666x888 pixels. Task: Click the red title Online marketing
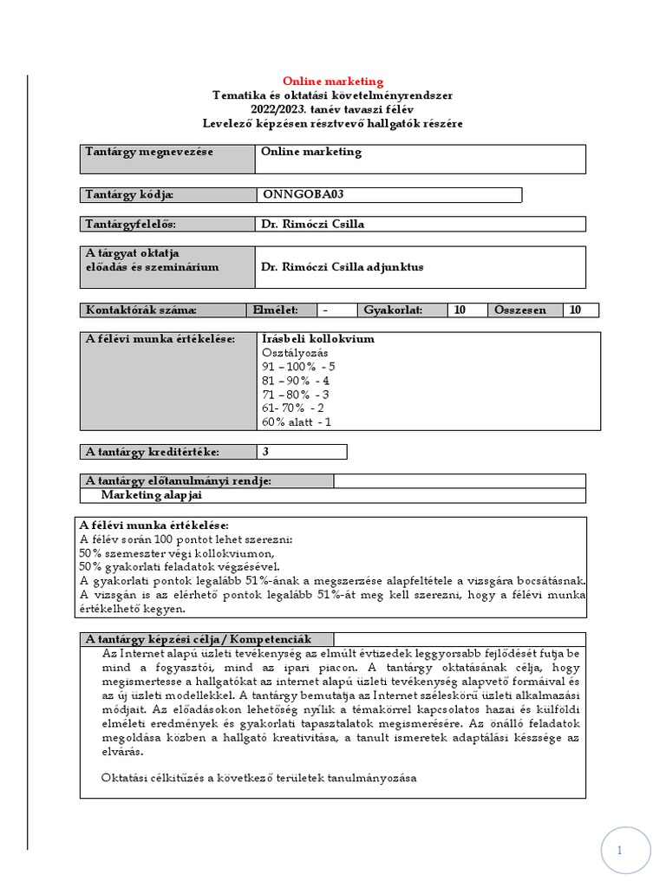(x=333, y=82)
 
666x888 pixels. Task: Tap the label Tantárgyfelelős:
(x=131, y=225)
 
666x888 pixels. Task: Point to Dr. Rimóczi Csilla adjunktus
(x=342, y=267)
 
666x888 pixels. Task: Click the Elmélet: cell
(x=275, y=310)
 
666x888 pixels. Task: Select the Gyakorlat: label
(x=393, y=310)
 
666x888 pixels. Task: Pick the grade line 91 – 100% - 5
(x=298, y=367)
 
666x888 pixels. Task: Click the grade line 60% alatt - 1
(x=296, y=422)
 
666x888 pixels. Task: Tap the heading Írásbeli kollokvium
(x=317, y=339)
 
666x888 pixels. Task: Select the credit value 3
(x=265, y=452)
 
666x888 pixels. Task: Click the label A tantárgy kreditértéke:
(x=152, y=452)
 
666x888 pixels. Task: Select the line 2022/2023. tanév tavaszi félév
(x=333, y=109)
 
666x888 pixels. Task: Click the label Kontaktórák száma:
(x=141, y=310)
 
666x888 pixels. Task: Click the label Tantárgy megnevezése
(x=149, y=152)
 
